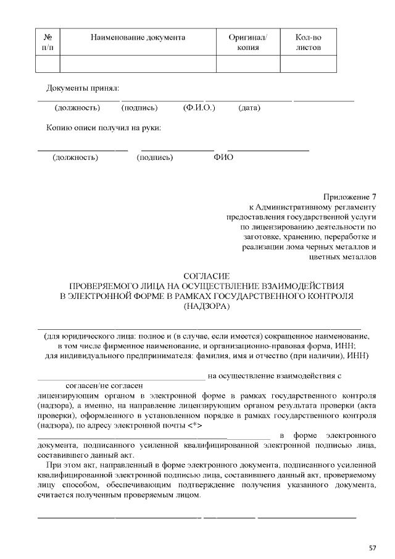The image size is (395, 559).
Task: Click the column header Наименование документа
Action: point(138,37)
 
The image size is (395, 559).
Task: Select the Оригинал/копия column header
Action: point(247,42)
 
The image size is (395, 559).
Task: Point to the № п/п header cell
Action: point(48,42)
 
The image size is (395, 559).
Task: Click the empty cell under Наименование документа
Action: point(138,64)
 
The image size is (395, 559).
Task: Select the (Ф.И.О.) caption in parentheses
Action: point(199,108)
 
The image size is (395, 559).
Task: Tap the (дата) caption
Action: point(249,108)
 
